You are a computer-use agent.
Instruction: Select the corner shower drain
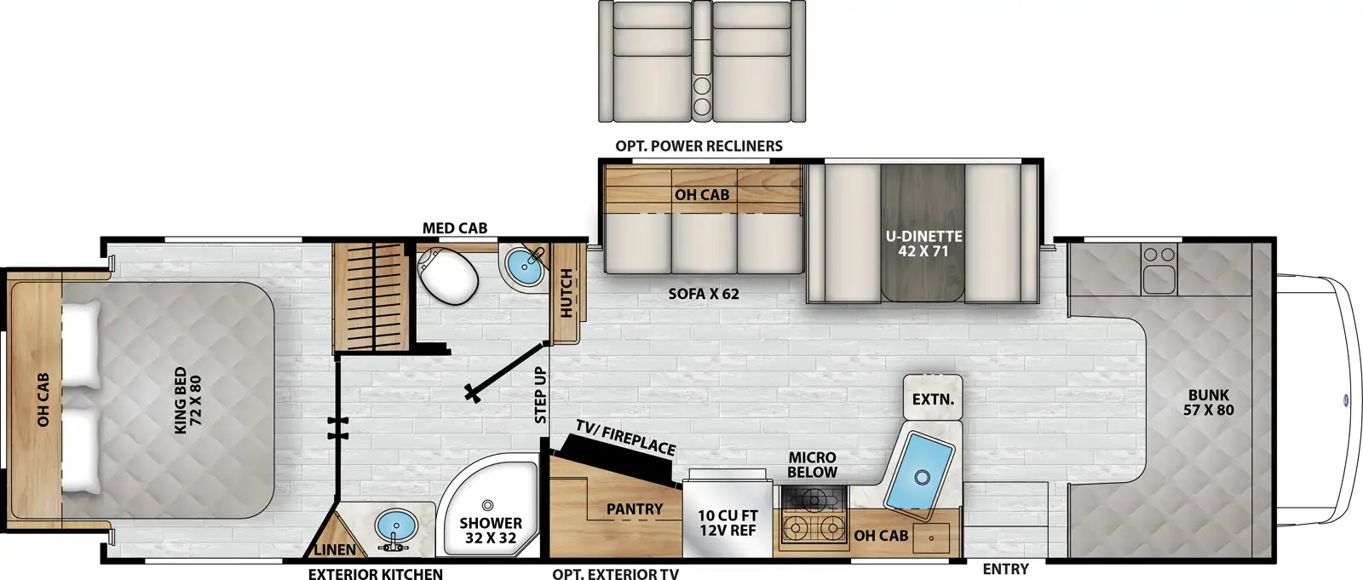pyautogui.click(x=486, y=505)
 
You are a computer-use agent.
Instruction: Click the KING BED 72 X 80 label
pyautogui.click(x=187, y=399)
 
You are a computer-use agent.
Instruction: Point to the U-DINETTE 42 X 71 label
pyautogui.click(x=923, y=244)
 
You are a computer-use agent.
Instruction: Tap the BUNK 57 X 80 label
pyautogui.click(x=1209, y=402)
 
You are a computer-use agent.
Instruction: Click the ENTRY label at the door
pyautogui.click(x=1006, y=569)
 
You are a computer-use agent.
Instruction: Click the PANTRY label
pyautogui.click(x=635, y=508)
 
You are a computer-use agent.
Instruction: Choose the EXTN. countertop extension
pyautogui.click(x=933, y=397)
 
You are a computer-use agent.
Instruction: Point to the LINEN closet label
pyautogui.click(x=335, y=550)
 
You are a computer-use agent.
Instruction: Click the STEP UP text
pyautogui.click(x=540, y=395)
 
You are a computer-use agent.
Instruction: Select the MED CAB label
pyautogui.click(x=455, y=228)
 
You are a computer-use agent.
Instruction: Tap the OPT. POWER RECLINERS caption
pyautogui.click(x=699, y=146)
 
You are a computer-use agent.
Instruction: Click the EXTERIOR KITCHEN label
pyautogui.click(x=376, y=574)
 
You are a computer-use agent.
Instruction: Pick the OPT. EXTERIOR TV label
pyautogui.click(x=616, y=574)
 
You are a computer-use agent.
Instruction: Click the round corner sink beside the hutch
pyautogui.click(x=524, y=267)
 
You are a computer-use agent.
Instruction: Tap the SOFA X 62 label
pyautogui.click(x=704, y=294)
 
